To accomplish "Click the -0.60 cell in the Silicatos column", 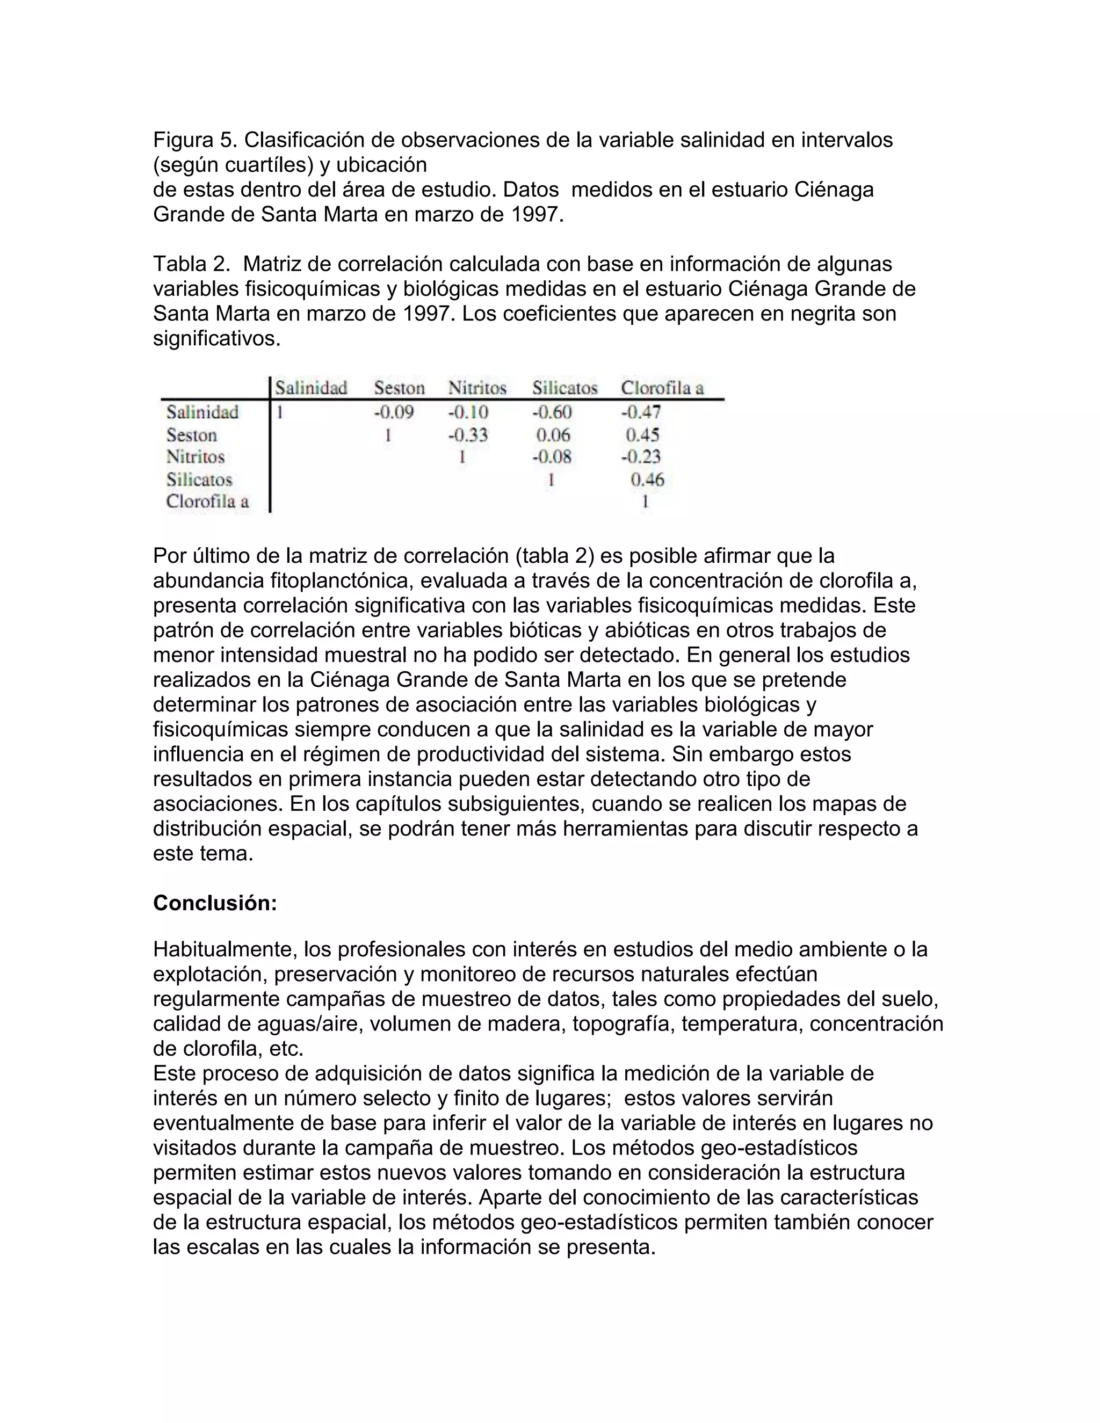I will click(552, 412).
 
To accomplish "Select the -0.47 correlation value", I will click(641, 412).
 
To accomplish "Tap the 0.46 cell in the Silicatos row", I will click(647, 480).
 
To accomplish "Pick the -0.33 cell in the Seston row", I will click(468, 434).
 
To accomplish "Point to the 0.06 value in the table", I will click(553, 434).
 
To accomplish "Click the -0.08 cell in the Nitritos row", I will click(552, 457).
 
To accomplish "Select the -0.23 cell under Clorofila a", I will click(641, 457).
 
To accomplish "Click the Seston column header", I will click(399, 388).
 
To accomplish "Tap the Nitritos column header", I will click(477, 388).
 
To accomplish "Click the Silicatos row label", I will click(199, 480).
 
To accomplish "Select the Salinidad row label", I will click(202, 412).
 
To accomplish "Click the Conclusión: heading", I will click(215, 903).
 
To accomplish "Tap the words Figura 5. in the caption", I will click(195, 140).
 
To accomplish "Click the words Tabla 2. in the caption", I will click(191, 264).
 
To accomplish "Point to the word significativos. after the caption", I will click(216, 339).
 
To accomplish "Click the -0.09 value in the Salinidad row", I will click(394, 412).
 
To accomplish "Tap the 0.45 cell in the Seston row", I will click(642, 434).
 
